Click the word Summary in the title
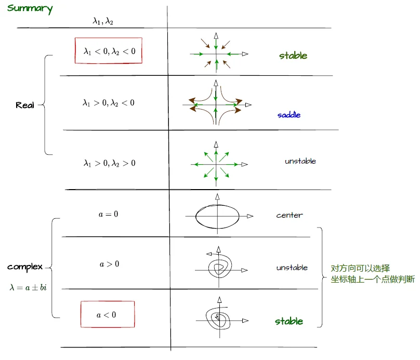[x=30, y=9]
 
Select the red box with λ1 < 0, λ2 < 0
[x=109, y=51]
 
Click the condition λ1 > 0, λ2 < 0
[x=109, y=103]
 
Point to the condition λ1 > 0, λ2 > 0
[x=109, y=163]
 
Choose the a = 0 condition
[x=108, y=214]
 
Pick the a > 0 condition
[x=109, y=264]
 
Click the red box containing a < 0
[x=107, y=314]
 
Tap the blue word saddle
[x=288, y=115]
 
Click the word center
[x=289, y=215]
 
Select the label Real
[x=25, y=105]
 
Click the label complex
[x=25, y=267]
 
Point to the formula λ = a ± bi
[x=28, y=287]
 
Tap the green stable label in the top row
[x=293, y=56]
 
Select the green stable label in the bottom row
[x=288, y=321]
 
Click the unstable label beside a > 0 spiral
[x=292, y=268]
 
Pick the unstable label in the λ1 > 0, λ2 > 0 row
[x=300, y=161]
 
